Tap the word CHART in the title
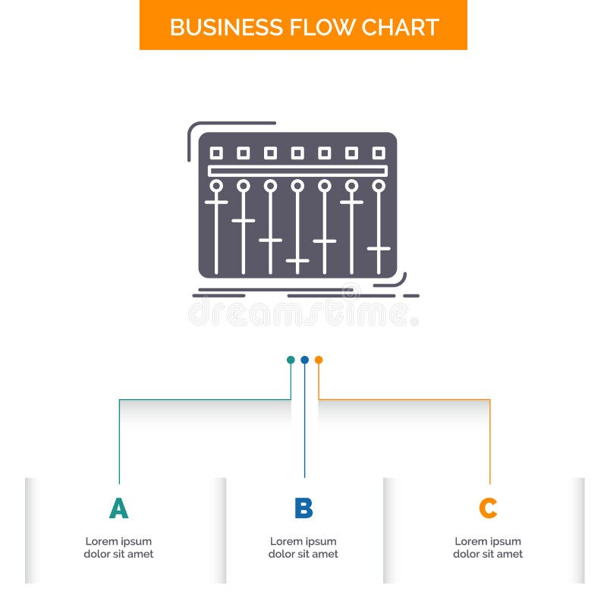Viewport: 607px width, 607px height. pyautogui.click(x=400, y=27)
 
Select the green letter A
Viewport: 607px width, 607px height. pyautogui.click(x=118, y=508)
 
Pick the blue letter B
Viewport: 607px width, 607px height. pyautogui.click(x=303, y=508)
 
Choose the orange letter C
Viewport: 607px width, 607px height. pyautogui.click(x=488, y=508)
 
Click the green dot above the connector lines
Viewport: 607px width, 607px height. pyautogui.click(x=291, y=360)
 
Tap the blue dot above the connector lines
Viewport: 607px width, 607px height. pyautogui.click(x=304, y=360)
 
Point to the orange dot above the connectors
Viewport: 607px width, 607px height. pyautogui.click(x=319, y=360)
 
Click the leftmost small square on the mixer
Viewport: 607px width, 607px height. pyautogui.click(x=216, y=153)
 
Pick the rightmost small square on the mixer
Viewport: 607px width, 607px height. pyautogui.click(x=379, y=153)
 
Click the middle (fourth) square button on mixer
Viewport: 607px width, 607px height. pyautogui.click(x=297, y=153)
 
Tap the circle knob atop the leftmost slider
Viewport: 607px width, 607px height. pyautogui.click(x=216, y=186)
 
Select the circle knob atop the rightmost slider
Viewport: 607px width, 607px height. pyautogui.click(x=379, y=186)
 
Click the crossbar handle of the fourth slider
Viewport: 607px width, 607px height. pyautogui.click(x=297, y=260)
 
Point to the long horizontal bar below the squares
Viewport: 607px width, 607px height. pyautogui.click(x=297, y=171)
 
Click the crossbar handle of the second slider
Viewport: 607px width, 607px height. pyautogui.click(x=244, y=221)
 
